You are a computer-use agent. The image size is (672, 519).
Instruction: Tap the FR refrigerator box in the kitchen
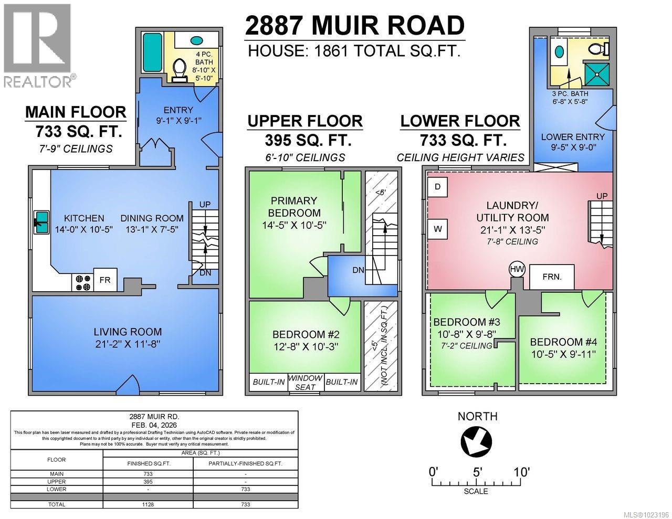(x=105, y=280)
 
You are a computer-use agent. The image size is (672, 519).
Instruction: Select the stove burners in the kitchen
(x=82, y=283)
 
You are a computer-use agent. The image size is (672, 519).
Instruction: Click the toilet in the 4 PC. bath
(x=180, y=70)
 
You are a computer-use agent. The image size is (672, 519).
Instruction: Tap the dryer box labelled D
(x=437, y=187)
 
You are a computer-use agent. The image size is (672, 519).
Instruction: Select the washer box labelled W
(x=437, y=229)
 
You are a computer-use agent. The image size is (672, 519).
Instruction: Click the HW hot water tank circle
(x=517, y=270)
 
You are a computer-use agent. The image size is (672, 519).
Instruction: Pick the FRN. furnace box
(x=551, y=277)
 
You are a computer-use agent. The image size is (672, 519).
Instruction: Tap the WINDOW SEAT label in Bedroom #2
(x=305, y=382)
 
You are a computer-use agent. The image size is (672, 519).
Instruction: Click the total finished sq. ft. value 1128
(x=148, y=504)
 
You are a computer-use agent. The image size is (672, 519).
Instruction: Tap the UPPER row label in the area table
(x=57, y=481)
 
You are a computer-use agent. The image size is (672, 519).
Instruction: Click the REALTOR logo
(x=37, y=45)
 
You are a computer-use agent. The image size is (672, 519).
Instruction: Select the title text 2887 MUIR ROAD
(x=355, y=26)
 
